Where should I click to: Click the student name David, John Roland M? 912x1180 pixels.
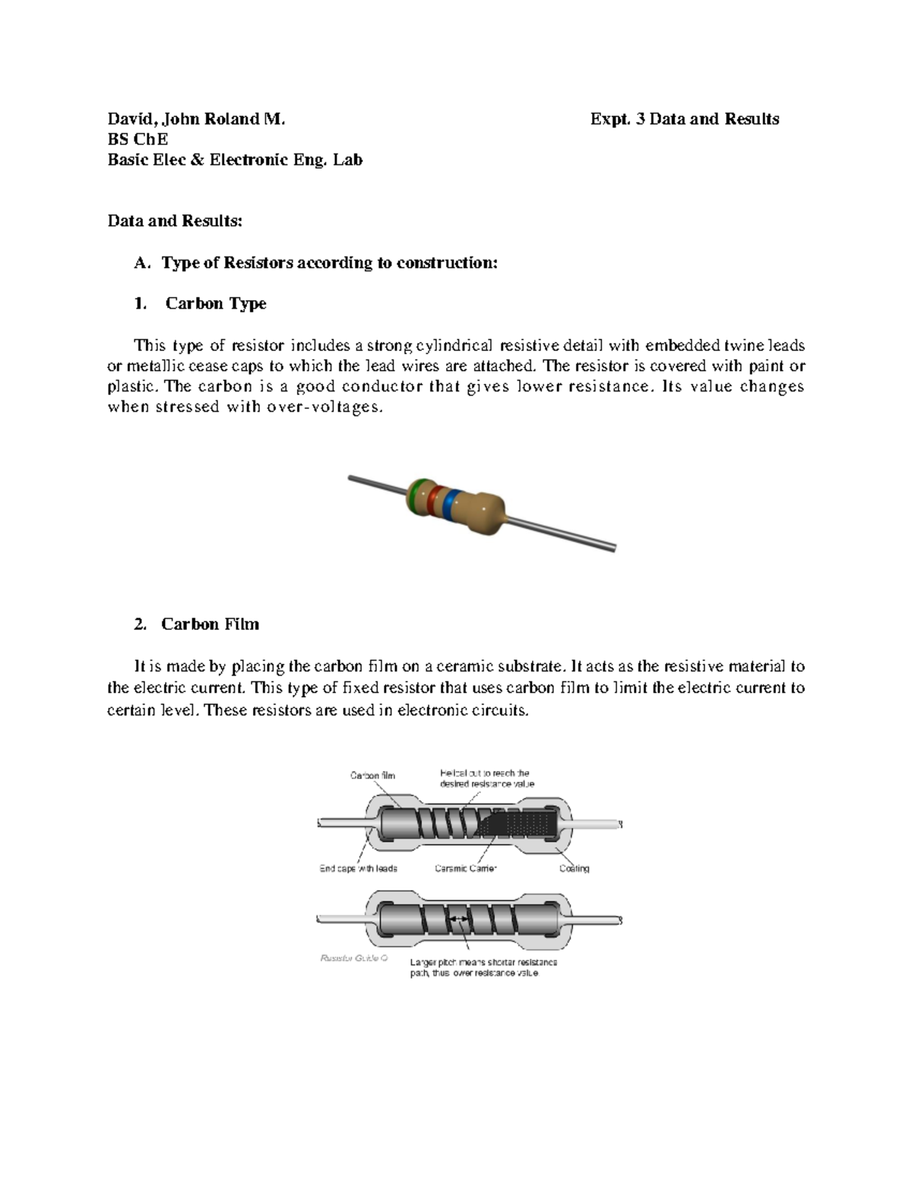(196, 119)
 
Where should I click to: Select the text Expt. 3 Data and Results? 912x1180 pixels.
(685, 119)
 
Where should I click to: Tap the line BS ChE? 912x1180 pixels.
(138, 140)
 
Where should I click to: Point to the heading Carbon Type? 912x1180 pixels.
(215, 304)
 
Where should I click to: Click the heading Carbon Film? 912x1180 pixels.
(210, 625)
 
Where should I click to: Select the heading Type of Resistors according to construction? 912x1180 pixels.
(329, 263)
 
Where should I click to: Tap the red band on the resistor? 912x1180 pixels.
(434, 501)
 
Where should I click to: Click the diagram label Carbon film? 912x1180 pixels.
(372, 776)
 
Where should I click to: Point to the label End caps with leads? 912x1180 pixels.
(358, 868)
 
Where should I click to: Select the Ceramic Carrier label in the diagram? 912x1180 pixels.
(465, 868)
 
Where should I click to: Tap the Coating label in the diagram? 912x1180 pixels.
(574, 868)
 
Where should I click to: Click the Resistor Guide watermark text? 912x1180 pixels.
(354, 958)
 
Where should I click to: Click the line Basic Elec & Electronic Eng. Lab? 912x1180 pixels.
(235, 160)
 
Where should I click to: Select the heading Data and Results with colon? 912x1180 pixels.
(175, 221)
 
